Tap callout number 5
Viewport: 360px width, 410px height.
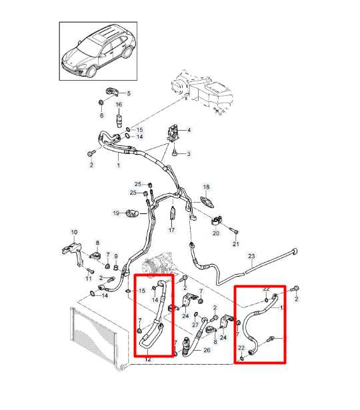[x=129, y=93]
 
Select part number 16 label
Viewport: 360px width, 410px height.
[x=119, y=105]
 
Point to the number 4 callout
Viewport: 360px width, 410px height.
[x=189, y=129]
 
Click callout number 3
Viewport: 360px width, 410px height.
[x=188, y=154]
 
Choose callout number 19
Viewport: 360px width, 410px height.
[x=115, y=213]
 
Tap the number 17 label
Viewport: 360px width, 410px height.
[x=171, y=230]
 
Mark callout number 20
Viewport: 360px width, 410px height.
[x=215, y=233]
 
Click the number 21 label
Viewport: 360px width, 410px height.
[x=235, y=245]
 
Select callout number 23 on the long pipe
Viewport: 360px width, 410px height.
[x=251, y=256]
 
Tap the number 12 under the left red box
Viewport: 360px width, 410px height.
[x=147, y=361]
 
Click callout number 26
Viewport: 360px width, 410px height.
[x=206, y=351]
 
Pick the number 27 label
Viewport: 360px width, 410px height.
[x=195, y=324]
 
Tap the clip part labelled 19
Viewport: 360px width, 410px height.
[x=133, y=213]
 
